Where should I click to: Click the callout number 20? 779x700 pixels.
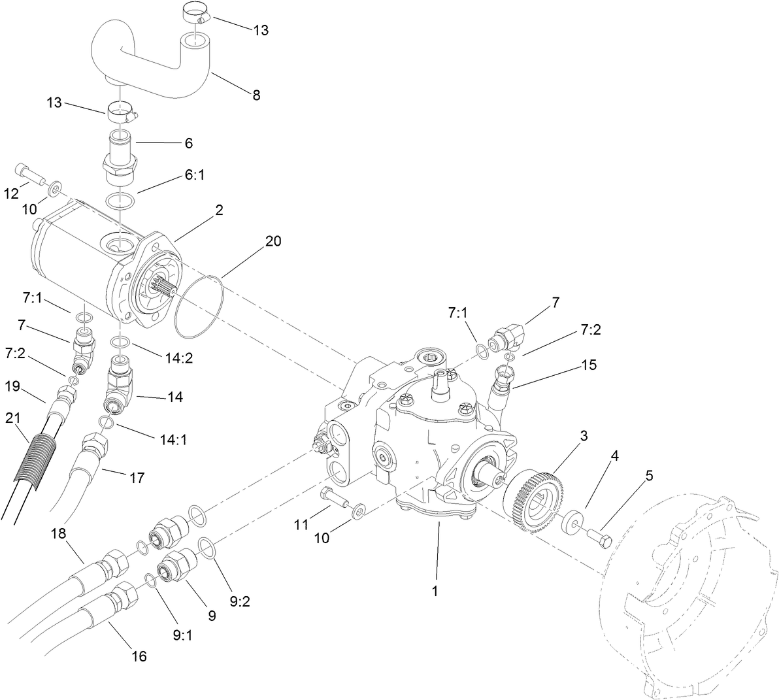273,241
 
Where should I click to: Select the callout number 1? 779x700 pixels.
435,590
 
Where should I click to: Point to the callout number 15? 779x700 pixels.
589,365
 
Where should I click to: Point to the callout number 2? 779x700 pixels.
219,210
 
